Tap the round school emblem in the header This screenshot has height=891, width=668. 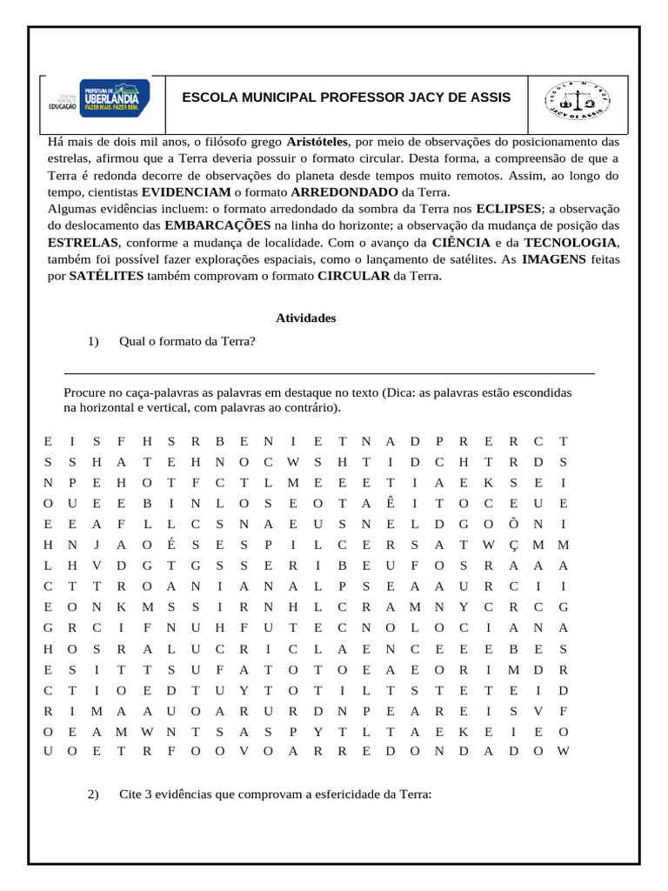coord(578,97)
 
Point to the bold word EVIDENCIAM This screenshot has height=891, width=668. coord(186,192)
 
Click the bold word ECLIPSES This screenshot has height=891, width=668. coord(508,209)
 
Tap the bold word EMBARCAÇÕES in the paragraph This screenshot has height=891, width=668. coord(217,225)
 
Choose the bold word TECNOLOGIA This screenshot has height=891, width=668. coord(571,242)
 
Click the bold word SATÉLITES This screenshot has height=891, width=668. coord(106,276)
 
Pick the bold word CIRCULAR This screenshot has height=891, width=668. coord(354,276)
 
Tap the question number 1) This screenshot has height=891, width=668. coord(94,341)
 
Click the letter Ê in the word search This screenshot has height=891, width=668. coord(390,503)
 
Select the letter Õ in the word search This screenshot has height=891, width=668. coord(514,524)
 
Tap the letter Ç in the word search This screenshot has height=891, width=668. coord(514,546)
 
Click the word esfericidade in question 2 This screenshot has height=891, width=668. coord(348,794)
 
